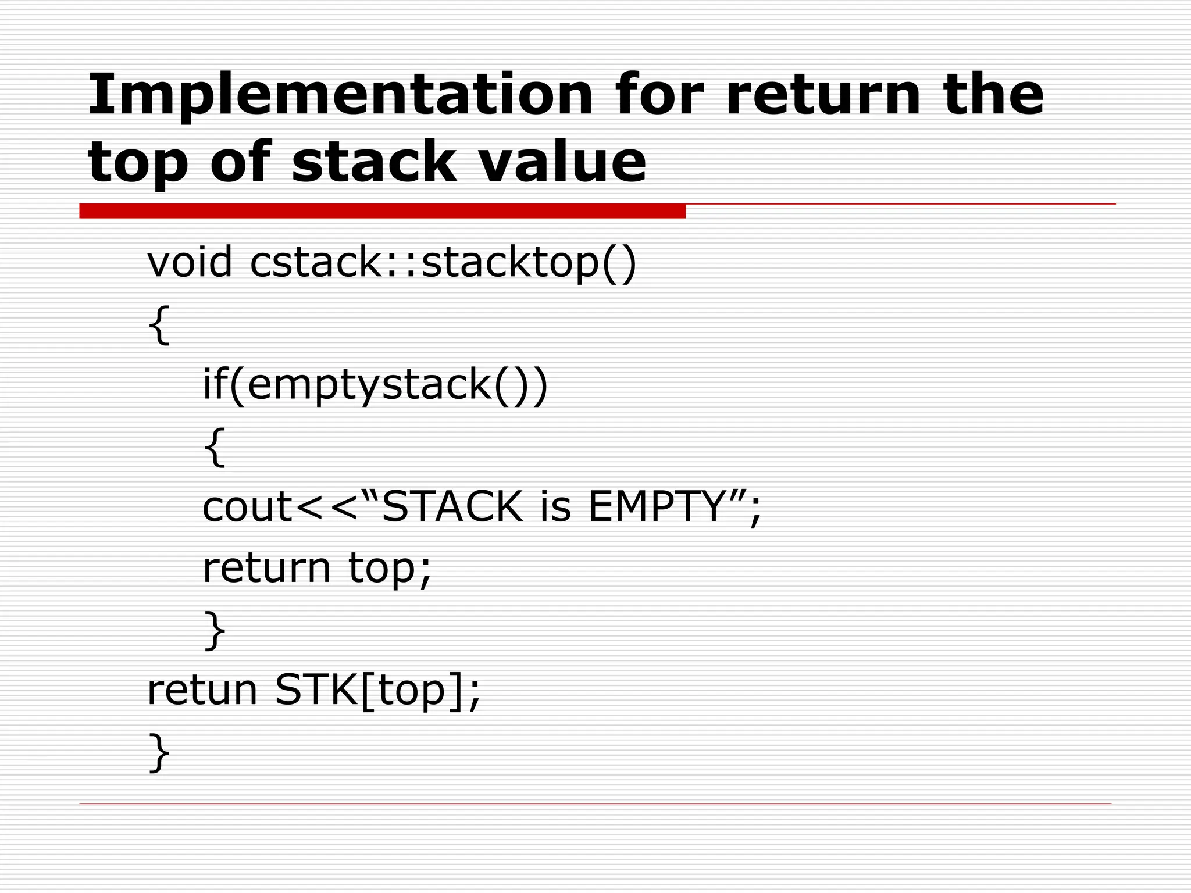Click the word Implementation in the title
click(x=340, y=94)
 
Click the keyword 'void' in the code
click(x=190, y=262)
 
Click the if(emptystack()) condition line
click(x=375, y=385)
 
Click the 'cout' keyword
click(x=247, y=507)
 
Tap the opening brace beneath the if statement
click(x=214, y=446)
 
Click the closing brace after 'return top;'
click(x=214, y=630)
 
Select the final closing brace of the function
click(x=159, y=753)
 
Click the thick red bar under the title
click(x=382, y=211)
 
